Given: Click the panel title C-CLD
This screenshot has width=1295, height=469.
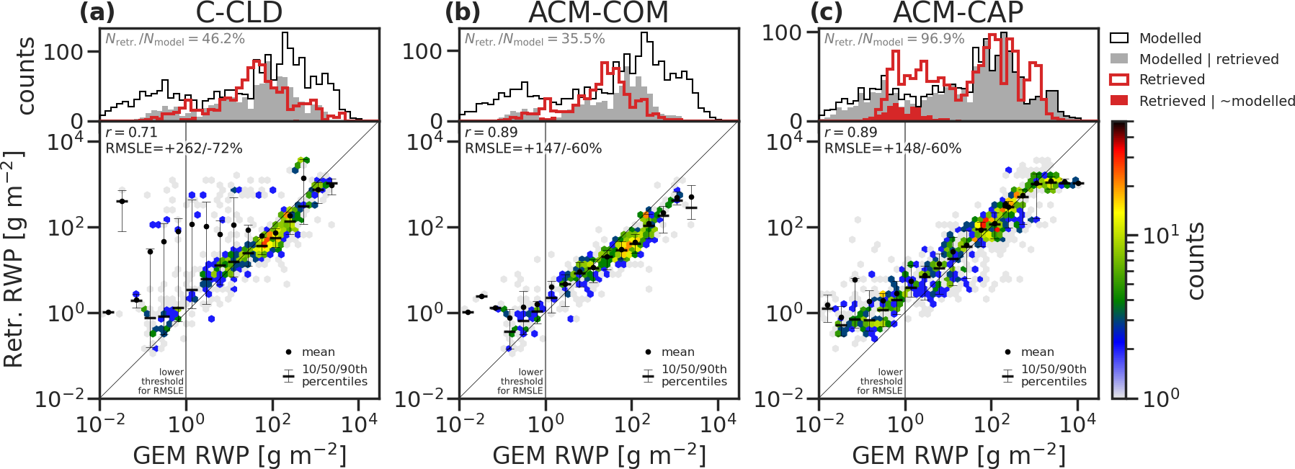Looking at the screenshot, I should point(239,13).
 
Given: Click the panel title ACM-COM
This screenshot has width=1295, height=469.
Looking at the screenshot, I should point(598,13).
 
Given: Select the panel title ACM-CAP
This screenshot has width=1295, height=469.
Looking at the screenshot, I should point(958,13).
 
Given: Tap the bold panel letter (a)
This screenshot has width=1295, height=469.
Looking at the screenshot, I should point(97,13).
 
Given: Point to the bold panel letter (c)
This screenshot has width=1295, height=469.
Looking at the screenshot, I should point(826,13).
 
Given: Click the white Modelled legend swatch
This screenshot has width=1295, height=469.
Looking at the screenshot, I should point(1119,38).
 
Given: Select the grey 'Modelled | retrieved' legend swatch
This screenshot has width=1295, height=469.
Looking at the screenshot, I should point(1119,59).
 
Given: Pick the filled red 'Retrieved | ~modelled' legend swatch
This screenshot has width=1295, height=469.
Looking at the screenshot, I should point(1119,101).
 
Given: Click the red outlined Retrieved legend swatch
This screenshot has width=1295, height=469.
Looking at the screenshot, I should point(1119,79).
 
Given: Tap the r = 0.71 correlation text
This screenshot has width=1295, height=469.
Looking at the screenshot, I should point(131,133).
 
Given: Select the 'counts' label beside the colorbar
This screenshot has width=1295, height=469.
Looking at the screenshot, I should point(1196,261).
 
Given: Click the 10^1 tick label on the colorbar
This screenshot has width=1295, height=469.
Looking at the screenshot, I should point(1161,235).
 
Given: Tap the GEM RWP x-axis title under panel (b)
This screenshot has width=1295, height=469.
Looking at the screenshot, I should point(600,455).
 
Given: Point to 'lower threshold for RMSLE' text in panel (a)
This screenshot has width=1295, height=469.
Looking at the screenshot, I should point(162,382).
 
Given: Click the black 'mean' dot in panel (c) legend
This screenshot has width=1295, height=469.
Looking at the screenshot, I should point(1007,352).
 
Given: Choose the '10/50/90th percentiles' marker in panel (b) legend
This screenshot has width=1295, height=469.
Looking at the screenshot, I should point(649,375).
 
